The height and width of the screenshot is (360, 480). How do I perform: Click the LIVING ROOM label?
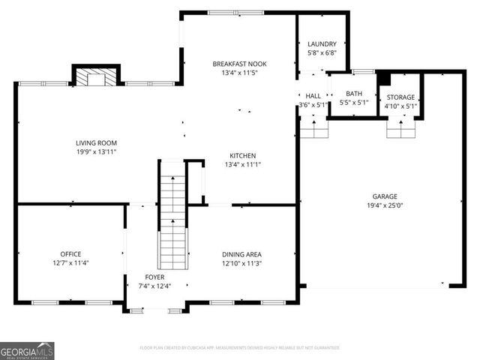pos(96,142)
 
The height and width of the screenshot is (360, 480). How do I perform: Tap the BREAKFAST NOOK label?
pos(239,64)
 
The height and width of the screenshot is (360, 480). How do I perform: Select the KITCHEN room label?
pos(242,155)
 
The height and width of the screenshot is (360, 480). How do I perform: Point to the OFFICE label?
pos(70,254)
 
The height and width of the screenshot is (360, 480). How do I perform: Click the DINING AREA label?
pos(241,254)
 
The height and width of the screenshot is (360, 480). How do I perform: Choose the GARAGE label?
pos(385,196)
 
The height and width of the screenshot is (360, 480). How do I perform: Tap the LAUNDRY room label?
pos(322,44)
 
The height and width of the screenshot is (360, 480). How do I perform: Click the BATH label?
pos(353,94)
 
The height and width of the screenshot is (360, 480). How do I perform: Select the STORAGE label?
pos(401,97)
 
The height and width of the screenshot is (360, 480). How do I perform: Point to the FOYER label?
pos(155,277)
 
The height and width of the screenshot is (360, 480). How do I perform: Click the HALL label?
pos(313,96)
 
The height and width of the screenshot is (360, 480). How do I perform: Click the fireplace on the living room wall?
pos(96,76)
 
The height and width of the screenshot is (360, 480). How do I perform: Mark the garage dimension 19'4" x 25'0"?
pos(385,205)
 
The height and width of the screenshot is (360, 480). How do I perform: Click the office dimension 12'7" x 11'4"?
pos(70,263)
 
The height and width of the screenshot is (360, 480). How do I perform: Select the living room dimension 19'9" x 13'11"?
pos(96,151)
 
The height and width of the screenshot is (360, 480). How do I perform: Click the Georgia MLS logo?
pos(27,350)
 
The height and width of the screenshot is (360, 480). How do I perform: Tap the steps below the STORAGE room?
pos(401,129)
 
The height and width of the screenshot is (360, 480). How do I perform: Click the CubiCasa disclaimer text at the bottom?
pos(240,348)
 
